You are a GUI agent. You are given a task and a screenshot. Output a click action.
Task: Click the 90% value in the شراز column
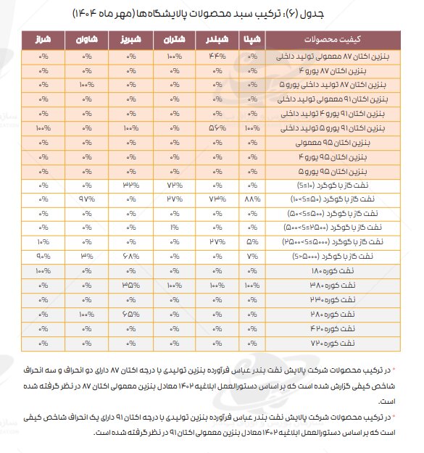43,256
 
